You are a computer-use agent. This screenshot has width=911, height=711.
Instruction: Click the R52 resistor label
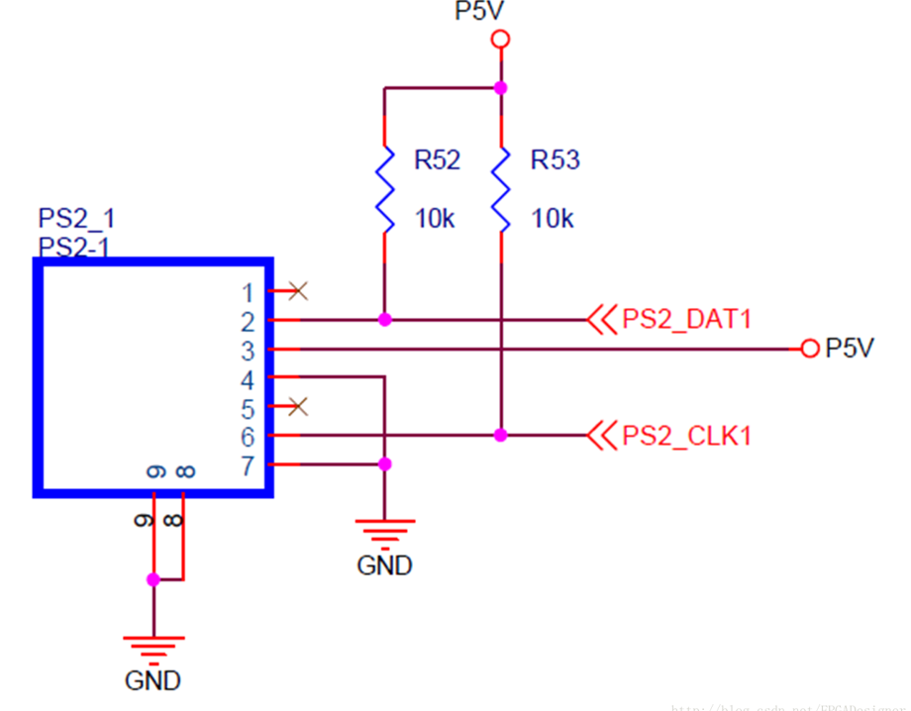[x=437, y=160]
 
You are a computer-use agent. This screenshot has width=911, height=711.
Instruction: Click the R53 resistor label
[x=555, y=160]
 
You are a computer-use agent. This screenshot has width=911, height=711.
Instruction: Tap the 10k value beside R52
[x=435, y=219]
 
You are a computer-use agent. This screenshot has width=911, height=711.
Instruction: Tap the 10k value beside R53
[x=553, y=219]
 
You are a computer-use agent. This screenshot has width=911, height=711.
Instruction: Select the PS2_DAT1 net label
[x=687, y=320]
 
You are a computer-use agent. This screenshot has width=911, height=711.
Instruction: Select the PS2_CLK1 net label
[x=686, y=435]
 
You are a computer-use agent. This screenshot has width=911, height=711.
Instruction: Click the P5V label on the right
[x=850, y=349]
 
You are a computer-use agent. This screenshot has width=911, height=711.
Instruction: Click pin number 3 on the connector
[x=248, y=351]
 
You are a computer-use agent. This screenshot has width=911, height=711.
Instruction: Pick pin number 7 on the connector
[x=248, y=465]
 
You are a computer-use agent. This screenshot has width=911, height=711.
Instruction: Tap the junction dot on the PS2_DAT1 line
[x=384, y=320]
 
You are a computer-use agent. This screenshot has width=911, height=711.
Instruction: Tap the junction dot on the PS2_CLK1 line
[x=500, y=435]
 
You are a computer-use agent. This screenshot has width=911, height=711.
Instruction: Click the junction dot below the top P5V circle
[x=500, y=87]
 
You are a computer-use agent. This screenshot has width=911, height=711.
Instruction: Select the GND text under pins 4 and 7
[x=384, y=565]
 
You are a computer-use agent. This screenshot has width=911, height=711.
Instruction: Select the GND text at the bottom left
[x=152, y=681]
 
